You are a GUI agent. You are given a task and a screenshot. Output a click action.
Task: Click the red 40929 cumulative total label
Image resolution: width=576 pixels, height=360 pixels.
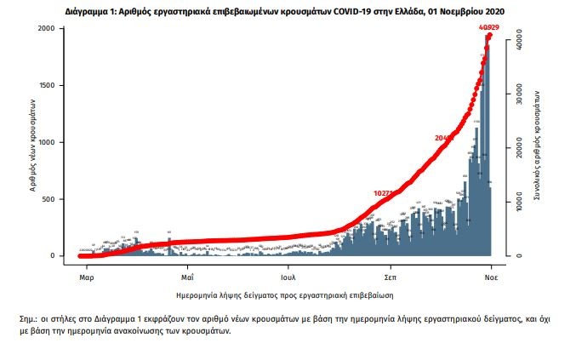pos(488,28)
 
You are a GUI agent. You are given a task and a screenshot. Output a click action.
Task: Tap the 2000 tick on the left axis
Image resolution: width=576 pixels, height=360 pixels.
pos(48,29)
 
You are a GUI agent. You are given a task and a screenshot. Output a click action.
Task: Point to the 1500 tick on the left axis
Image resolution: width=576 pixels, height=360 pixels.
pos(48,86)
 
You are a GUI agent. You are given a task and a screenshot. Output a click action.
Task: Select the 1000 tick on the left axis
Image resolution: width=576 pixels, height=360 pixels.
pos(48,142)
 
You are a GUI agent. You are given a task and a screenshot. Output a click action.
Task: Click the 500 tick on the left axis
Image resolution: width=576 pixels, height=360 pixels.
pos(50,199)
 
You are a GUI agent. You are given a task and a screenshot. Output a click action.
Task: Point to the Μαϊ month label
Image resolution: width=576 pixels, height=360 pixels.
pos(188,278)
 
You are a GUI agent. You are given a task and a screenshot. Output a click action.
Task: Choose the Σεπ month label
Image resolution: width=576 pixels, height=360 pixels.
pos(391,278)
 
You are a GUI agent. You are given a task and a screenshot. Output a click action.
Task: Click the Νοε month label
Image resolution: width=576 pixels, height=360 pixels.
pos(492,278)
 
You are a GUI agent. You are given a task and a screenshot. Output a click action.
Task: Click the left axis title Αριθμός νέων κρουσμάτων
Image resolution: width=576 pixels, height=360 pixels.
pos(32,142)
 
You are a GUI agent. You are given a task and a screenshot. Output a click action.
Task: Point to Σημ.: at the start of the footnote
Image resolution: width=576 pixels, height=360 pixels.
pos(30,318)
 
